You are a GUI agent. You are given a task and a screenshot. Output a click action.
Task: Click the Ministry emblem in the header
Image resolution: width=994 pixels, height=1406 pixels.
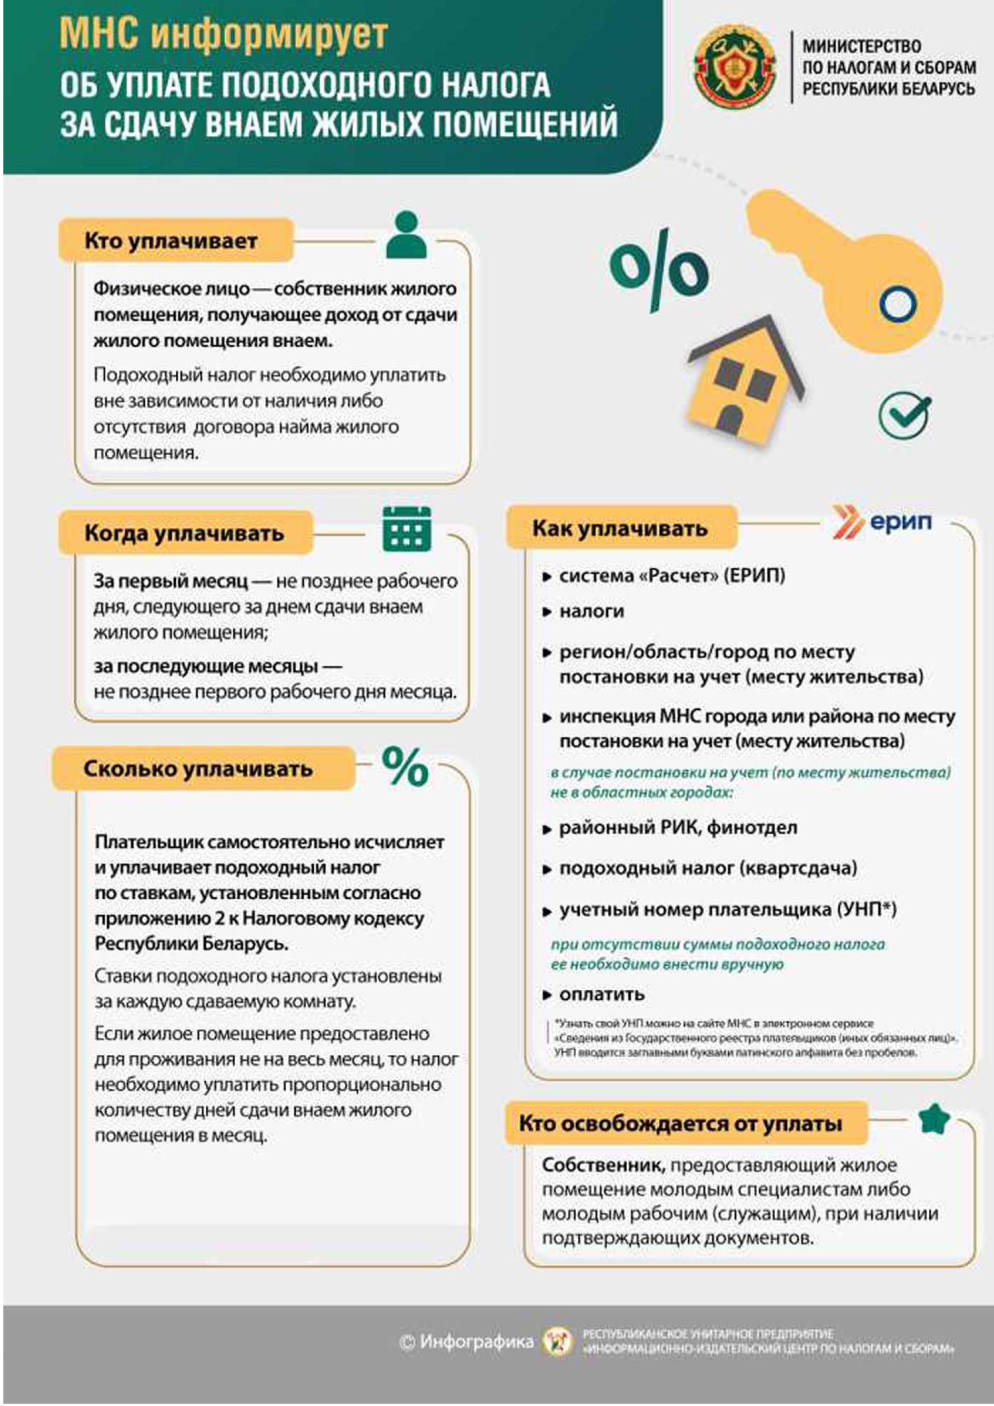tap(735, 66)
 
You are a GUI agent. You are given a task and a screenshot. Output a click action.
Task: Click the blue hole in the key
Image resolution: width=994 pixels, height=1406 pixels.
tap(898, 304)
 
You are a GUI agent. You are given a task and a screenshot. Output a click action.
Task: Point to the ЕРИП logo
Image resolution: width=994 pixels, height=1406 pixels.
tap(882, 523)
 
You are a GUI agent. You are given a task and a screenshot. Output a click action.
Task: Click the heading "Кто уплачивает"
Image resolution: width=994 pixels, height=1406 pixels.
tap(171, 240)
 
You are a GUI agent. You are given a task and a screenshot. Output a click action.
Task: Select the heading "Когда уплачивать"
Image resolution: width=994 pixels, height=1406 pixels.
tap(184, 534)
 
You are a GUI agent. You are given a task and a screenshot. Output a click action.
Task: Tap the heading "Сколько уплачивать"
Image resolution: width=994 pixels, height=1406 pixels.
tap(198, 769)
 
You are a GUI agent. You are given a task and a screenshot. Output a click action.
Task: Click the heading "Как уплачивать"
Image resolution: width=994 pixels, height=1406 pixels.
tap(620, 528)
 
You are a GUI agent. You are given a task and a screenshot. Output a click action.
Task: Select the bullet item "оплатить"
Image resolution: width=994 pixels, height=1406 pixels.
tap(601, 995)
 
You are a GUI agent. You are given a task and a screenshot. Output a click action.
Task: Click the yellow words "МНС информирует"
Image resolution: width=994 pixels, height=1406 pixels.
tap(224, 34)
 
